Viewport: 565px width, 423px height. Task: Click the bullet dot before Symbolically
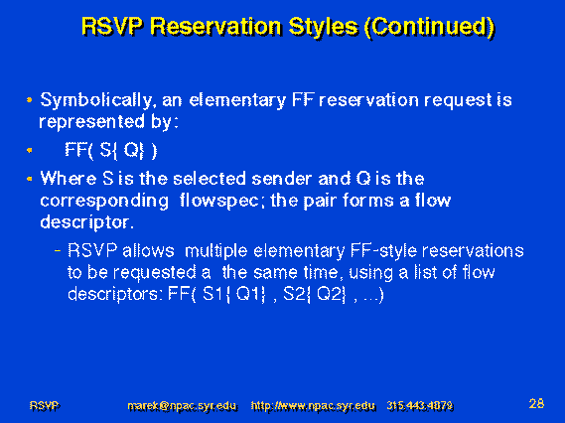[x=30, y=100]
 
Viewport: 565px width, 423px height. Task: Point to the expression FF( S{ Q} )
[x=111, y=150]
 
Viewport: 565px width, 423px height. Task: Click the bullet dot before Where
[x=30, y=179]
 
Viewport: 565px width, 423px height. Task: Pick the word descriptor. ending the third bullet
[x=86, y=222]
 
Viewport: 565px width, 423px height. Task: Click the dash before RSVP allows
[x=58, y=250]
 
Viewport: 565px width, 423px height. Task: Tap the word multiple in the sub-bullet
[x=215, y=251]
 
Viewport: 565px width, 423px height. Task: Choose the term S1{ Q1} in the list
[x=234, y=294]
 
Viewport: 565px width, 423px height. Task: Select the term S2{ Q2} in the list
[x=315, y=294]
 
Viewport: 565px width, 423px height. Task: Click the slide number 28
[x=536, y=403]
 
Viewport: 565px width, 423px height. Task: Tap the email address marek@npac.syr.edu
[x=183, y=406]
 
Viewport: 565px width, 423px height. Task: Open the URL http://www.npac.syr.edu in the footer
[x=313, y=406]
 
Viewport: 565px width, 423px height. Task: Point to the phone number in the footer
[x=420, y=406]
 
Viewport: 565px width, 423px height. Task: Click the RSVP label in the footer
[x=45, y=406]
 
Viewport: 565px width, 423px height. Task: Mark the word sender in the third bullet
[x=281, y=179]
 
